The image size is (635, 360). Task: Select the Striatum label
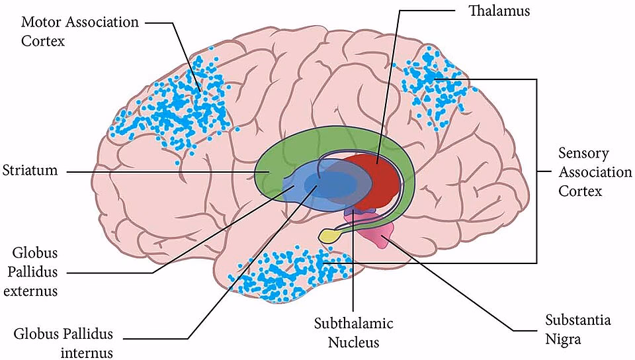29,170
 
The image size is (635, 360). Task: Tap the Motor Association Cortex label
79,30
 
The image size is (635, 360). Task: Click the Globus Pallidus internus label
63,341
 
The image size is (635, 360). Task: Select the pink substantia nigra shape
381,232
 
